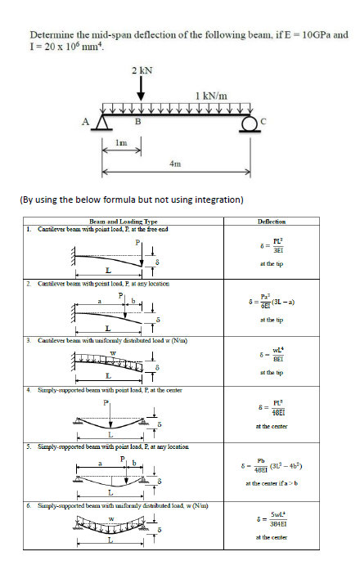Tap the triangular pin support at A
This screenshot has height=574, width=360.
click(x=103, y=122)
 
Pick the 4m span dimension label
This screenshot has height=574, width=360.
click(x=174, y=164)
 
